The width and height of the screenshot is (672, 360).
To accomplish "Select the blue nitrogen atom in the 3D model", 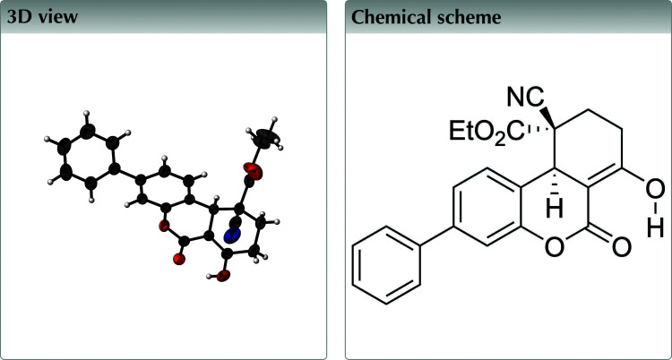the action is click(232, 235).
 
